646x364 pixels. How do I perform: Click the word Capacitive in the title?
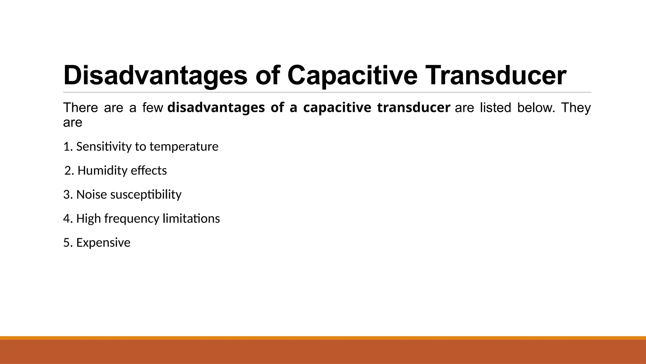pos(352,76)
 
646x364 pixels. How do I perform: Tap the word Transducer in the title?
pos(496,76)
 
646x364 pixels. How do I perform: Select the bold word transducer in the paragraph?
pos(414,108)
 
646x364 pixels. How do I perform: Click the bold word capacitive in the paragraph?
pos(337,108)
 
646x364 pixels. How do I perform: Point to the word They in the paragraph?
pos(576,108)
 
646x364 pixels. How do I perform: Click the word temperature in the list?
pos(184,147)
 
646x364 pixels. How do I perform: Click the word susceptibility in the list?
pos(146,195)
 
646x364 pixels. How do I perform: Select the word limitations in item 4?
pos(191,219)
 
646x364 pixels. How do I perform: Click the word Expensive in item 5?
pos(103,243)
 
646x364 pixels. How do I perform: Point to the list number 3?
pos(67,195)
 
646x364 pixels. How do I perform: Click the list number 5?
pos(67,243)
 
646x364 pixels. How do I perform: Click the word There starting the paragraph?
pos(80,108)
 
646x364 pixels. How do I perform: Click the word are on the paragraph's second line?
pos(73,123)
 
